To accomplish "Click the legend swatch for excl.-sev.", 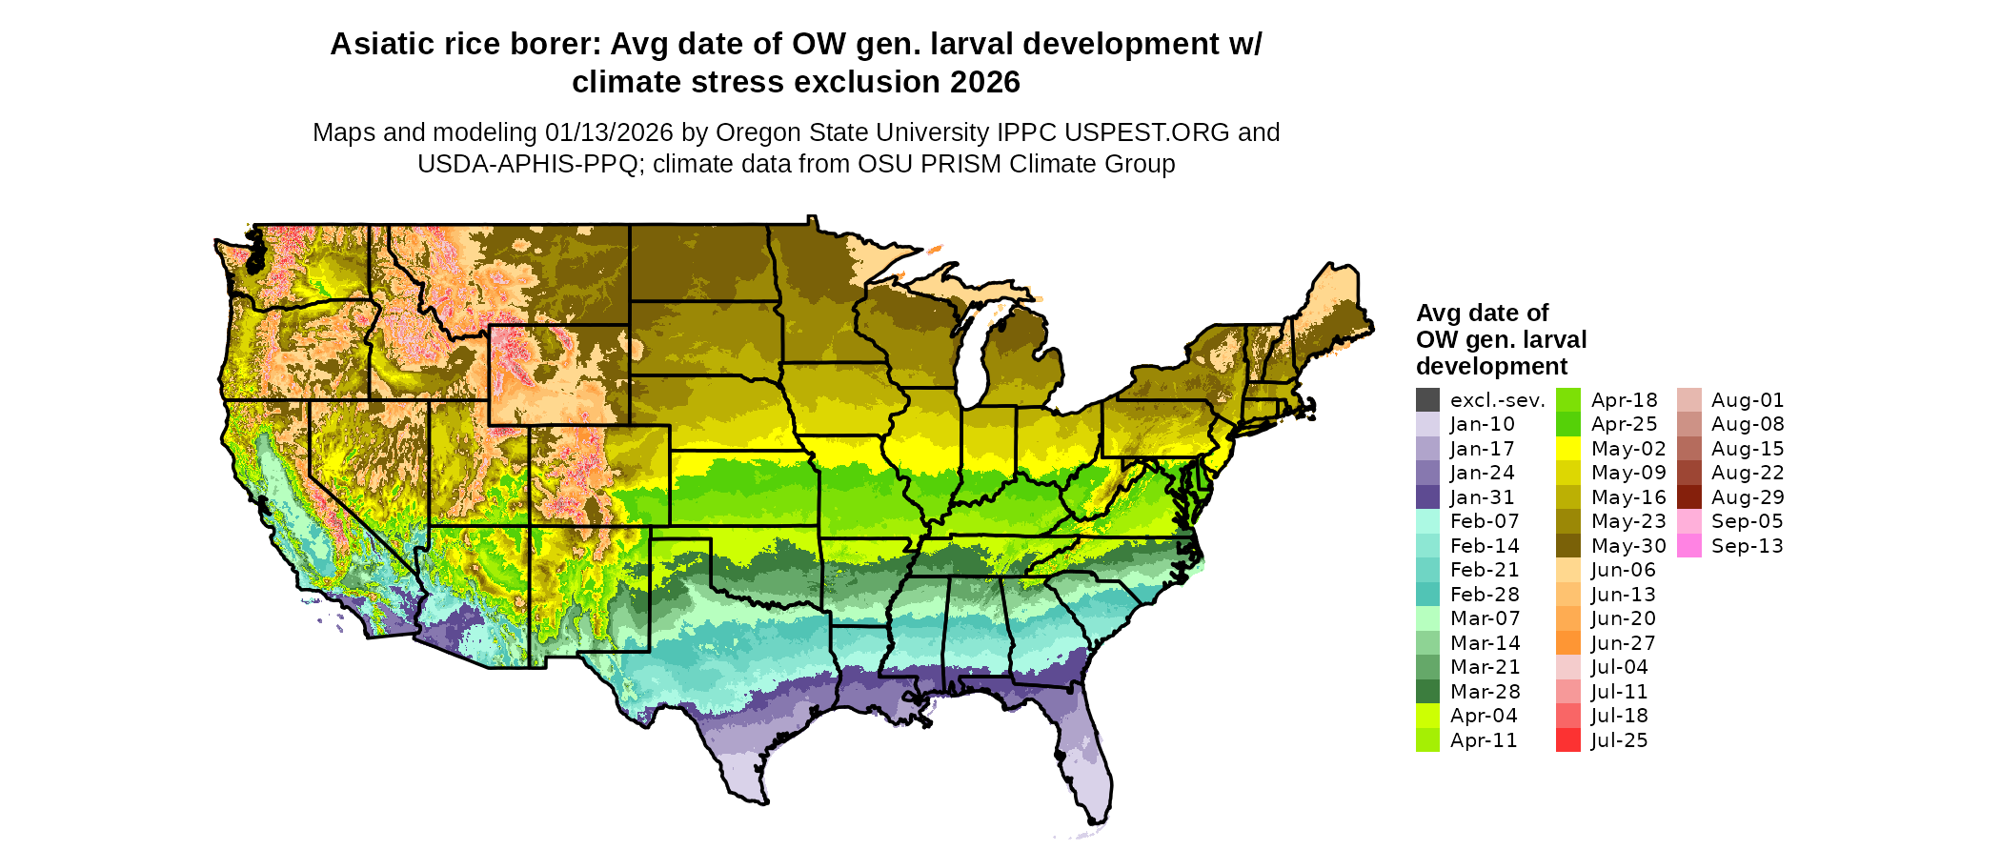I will click(1427, 400).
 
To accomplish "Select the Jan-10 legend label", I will click(1482, 425).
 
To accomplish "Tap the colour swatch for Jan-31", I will click(1427, 497).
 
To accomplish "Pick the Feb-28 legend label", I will click(1485, 595).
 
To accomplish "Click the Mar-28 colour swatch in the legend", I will click(1427, 692).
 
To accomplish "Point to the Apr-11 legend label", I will click(1484, 740).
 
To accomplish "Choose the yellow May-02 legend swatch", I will click(1568, 449).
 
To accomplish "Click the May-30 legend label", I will click(1628, 546).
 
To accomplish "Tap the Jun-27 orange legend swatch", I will click(1568, 643).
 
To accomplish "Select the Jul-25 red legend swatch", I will click(1568, 740).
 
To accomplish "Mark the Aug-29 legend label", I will click(1748, 497).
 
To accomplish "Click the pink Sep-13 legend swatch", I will click(1689, 546).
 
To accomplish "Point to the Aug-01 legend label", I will click(1748, 400).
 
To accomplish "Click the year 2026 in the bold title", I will click(984, 83).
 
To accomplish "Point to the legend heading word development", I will click(1491, 367).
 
